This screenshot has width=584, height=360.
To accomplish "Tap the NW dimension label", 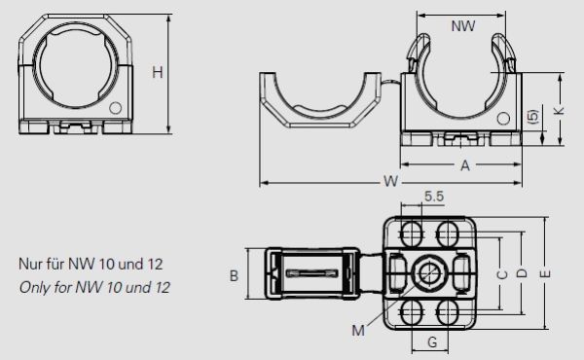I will click(x=463, y=27).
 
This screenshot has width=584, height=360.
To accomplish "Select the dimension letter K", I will click(x=559, y=112).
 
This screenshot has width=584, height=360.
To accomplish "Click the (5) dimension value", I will click(x=532, y=116).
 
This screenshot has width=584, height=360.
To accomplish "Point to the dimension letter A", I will click(x=465, y=166).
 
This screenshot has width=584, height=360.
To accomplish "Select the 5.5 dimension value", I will click(x=434, y=197).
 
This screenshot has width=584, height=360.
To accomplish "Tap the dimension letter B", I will click(x=235, y=276).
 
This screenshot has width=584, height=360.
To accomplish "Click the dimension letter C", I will click(x=501, y=274).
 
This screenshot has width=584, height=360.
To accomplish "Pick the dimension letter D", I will click(x=522, y=274).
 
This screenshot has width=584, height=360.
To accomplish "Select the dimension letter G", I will click(x=430, y=342).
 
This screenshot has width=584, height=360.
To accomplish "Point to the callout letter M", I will click(x=358, y=330).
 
